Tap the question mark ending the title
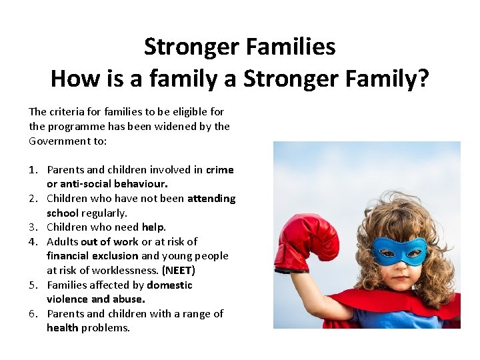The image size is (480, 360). click(423, 79)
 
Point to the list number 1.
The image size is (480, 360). click(33, 170)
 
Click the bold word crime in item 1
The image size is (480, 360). click(220, 170)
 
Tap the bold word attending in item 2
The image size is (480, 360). click(211, 199)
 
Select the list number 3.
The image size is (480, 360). click(33, 227)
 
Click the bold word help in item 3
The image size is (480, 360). click(153, 227)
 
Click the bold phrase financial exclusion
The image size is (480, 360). click(92, 256)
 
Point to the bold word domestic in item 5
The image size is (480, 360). click(169, 285)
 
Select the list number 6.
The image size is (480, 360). click(33, 314)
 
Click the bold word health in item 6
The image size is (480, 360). click(63, 328)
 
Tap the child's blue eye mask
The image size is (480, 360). click(399, 251)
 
